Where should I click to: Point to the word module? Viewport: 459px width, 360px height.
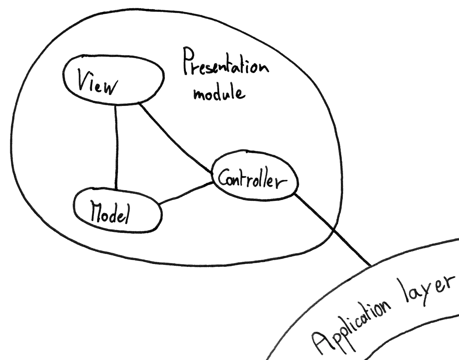pos(218,93)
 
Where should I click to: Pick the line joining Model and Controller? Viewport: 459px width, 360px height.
pos(186,193)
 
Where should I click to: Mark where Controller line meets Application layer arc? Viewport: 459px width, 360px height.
pos(370,265)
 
